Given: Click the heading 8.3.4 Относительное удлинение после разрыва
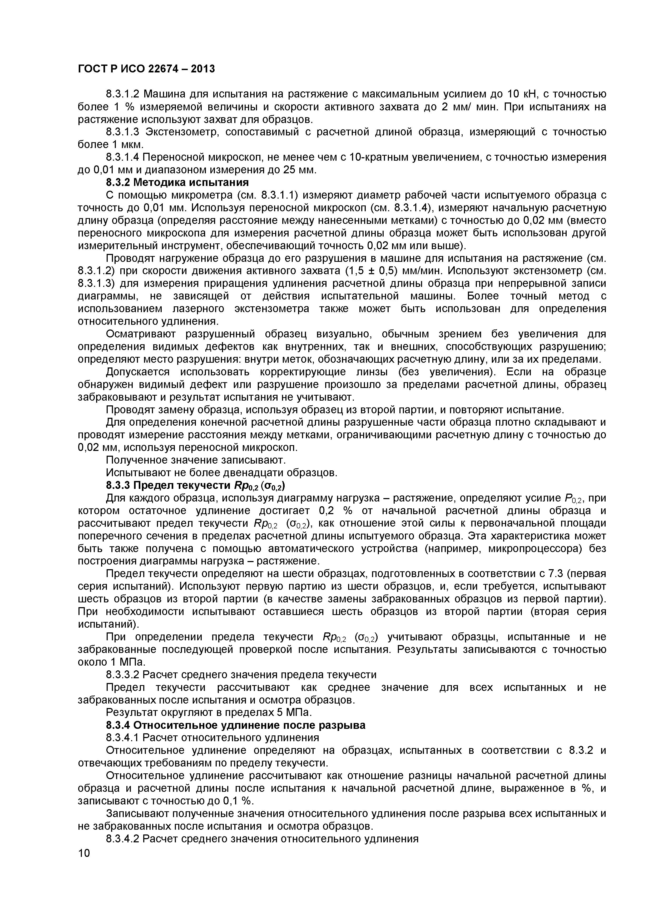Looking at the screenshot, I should click(236, 725).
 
